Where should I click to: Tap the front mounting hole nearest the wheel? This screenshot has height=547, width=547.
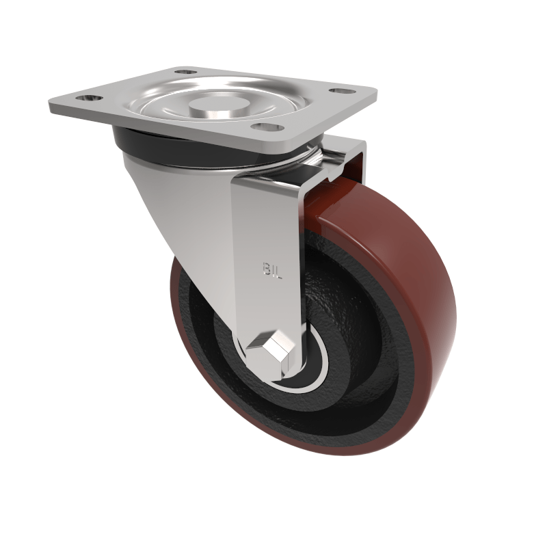coord(265,126)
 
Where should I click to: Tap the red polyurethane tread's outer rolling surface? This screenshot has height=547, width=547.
coord(417,287)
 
